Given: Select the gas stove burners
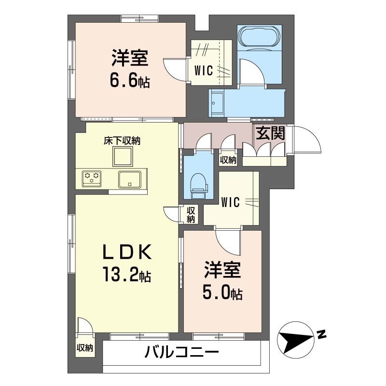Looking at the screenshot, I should pos(92,178).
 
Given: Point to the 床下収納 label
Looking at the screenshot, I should pos(122,141).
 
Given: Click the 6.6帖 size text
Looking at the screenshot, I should pos(129,79).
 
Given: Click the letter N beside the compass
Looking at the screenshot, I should pos(321,333).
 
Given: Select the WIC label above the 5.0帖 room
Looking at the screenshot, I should pos(231,203).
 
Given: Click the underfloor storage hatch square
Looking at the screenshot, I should pos(122,157).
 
